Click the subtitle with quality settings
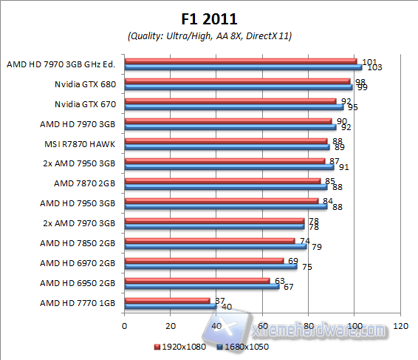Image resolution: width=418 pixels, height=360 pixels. [209, 35]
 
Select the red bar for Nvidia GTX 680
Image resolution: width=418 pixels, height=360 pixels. [237, 81]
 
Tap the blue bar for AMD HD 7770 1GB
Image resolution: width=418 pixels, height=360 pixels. [171, 306]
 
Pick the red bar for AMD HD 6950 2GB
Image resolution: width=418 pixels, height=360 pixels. [197, 280]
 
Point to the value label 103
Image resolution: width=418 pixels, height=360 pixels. [374, 67]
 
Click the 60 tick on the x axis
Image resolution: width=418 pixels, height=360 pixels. [263, 326]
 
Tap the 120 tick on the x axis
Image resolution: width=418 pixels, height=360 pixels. [402, 326]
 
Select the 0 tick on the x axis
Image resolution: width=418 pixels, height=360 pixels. [125, 326]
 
